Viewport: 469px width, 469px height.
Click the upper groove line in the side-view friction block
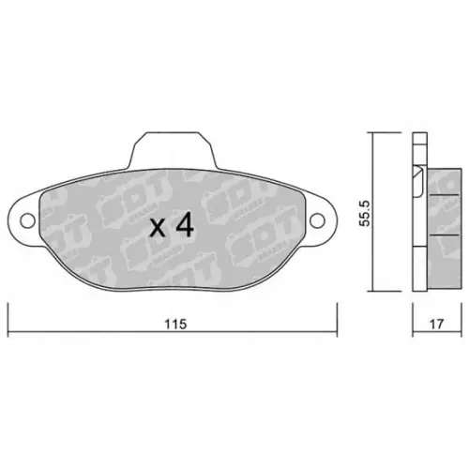coord(443,195)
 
